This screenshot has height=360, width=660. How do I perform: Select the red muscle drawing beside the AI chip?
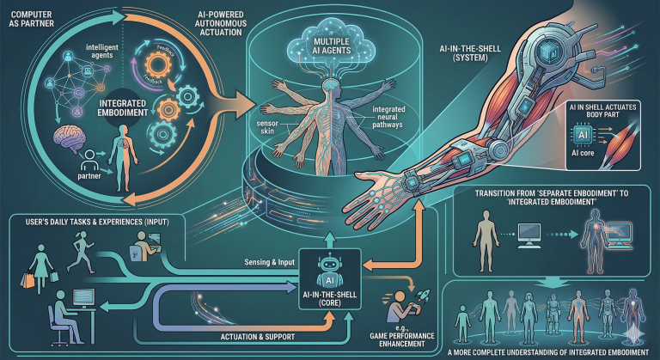pyautogui.click(x=622, y=143)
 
